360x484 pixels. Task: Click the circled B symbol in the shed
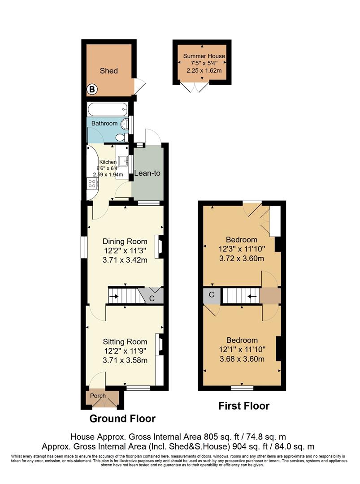(x=91, y=89)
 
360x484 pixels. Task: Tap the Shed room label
(x=108, y=71)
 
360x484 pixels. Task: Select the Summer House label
(x=204, y=56)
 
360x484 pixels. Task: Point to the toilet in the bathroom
(x=120, y=137)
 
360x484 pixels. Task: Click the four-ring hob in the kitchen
(x=93, y=183)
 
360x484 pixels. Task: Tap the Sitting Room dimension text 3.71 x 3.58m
(x=125, y=360)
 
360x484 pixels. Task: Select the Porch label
(x=98, y=396)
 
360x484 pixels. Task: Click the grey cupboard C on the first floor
(x=212, y=295)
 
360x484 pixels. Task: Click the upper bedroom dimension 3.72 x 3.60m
(x=241, y=259)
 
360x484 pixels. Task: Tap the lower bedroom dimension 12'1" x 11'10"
(x=242, y=350)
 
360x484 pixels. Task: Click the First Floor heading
(x=243, y=406)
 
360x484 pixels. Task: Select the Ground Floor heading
(x=122, y=419)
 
